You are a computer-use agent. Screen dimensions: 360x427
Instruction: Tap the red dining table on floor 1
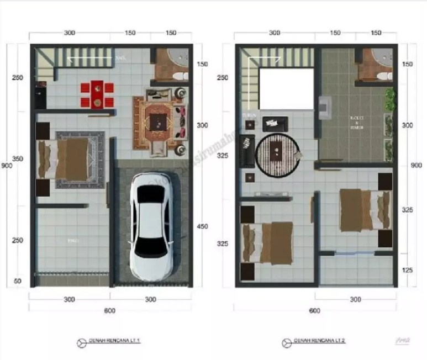pos(97,94)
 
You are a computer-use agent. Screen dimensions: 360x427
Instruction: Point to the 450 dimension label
pos(202,226)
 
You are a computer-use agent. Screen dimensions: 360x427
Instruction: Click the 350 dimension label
pos(18,159)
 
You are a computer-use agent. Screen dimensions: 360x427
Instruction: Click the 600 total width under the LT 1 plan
pos(109,311)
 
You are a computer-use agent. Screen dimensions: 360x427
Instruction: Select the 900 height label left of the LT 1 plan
pos(5,166)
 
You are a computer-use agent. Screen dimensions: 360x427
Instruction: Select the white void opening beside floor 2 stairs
pos(287,89)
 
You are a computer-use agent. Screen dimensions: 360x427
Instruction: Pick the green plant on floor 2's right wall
pos(391,99)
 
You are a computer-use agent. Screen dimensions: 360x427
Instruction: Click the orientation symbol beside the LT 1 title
pos(81,342)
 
